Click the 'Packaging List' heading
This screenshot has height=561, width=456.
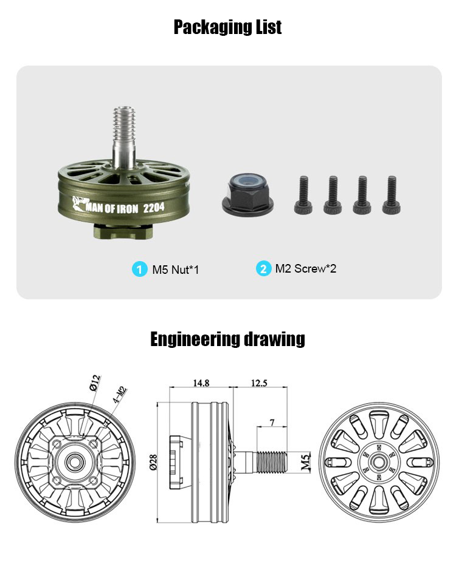pyautogui.click(x=228, y=27)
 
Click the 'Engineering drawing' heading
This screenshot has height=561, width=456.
pyautogui.click(x=227, y=339)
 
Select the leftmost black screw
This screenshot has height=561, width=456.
pyautogui.click(x=303, y=195)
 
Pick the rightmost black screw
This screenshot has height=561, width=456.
pyautogui.click(x=392, y=195)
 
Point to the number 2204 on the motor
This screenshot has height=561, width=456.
pyautogui.click(x=154, y=208)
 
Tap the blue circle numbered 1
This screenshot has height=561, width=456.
pyautogui.click(x=139, y=269)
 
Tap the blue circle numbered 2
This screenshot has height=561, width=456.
pyautogui.click(x=263, y=269)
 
